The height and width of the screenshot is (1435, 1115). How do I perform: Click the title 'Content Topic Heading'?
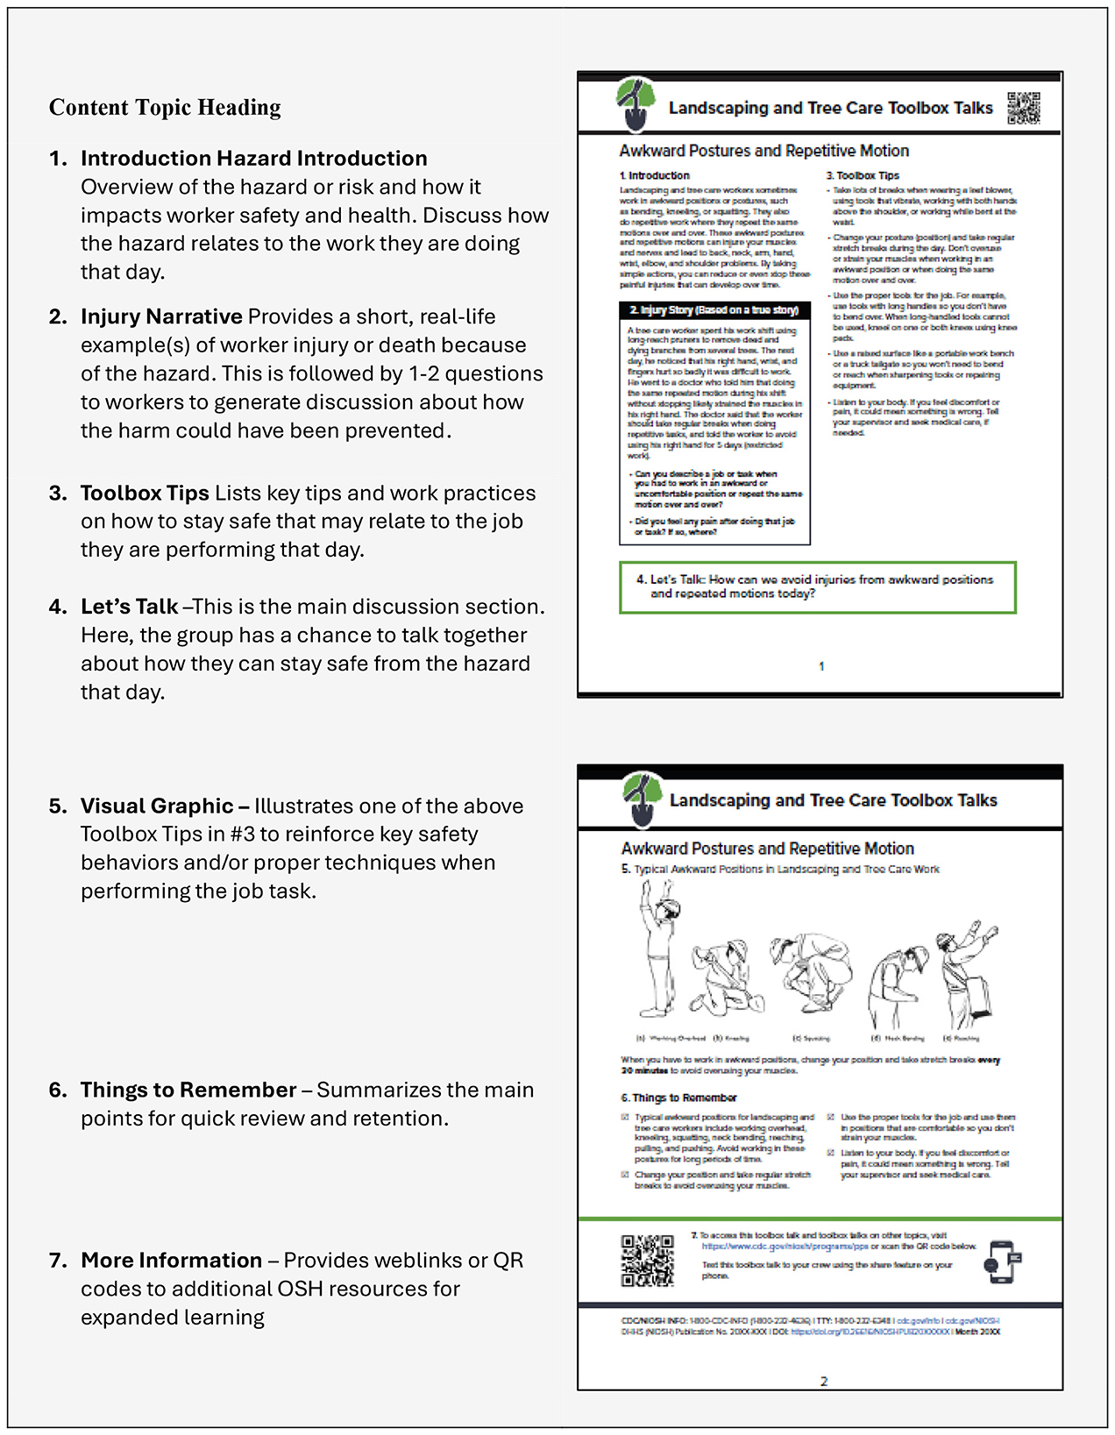[x=165, y=108]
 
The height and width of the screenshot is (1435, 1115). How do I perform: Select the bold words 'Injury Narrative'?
[x=161, y=316]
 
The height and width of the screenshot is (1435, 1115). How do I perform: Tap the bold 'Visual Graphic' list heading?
[x=157, y=806]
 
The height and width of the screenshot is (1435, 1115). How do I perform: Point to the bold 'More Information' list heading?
[x=171, y=1260]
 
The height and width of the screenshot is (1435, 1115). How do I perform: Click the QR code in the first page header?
[x=1023, y=108]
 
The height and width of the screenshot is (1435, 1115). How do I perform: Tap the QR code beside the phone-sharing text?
[x=648, y=1261]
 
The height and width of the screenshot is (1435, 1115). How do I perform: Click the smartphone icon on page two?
[x=1003, y=1262]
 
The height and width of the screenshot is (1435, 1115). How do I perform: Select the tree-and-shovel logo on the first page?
[x=636, y=103]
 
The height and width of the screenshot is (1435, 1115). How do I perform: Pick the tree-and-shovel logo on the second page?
[x=642, y=799]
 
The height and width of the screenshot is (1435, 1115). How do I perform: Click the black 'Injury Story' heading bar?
[x=714, y=310]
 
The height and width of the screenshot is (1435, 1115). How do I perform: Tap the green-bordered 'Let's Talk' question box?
[x=817, y=586]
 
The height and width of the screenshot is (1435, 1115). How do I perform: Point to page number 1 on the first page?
[x=821, y=666]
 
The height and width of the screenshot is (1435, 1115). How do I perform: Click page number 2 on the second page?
[x=823, y=1382]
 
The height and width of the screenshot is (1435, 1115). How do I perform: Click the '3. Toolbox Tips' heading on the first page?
[x=863, y=175]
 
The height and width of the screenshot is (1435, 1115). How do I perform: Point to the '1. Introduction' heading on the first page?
[x=654, y=175]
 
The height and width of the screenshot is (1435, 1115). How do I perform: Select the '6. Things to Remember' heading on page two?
[x=678, y=1098]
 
